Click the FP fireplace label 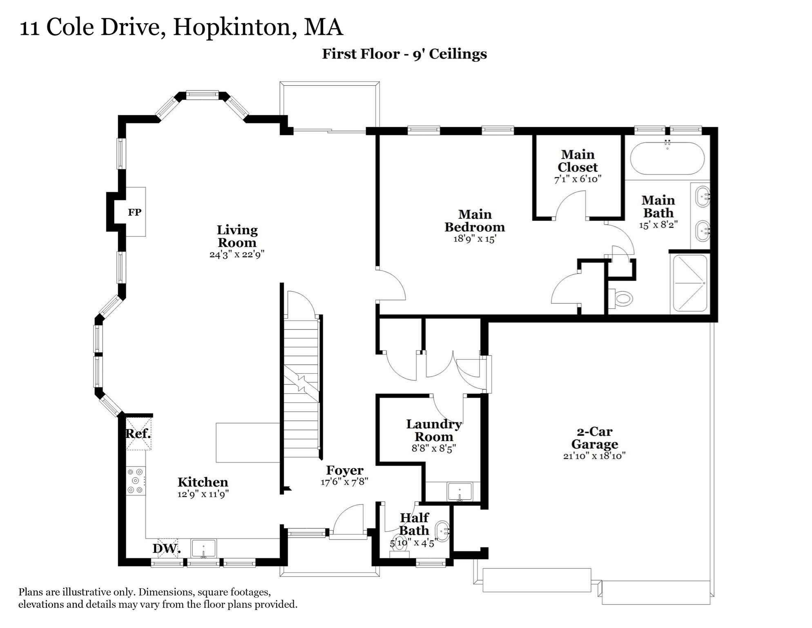click(134, 212)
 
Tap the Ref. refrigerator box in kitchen click(138, 434)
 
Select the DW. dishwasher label click(167, 548)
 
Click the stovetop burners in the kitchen click(136, 481)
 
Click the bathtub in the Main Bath click(667, 159)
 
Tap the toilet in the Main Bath click(622, 298)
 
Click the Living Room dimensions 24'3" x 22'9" click(237, 254)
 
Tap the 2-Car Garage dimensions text click(594, 456)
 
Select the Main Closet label click(578, 161)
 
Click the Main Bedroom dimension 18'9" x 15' click(475, 239)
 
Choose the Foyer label click(345, 470)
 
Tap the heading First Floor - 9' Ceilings click(404, 54)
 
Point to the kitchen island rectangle click(248, 443)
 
